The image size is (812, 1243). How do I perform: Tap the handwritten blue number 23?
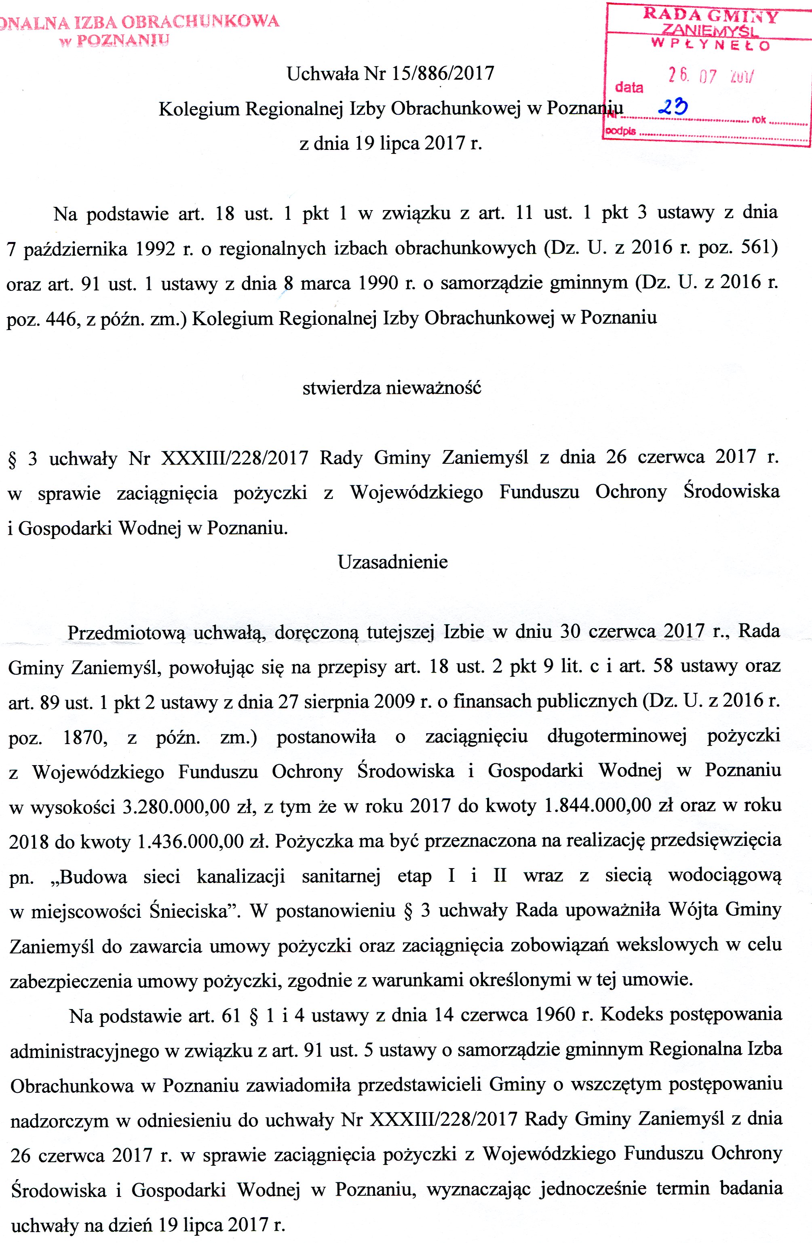click(x=673, y=107)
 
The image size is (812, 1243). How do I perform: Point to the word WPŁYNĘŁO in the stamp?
click(x=711, y=45)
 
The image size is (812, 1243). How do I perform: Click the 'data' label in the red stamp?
click(x=629, y=87)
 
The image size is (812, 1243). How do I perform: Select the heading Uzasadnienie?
click(x=392, y=562)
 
